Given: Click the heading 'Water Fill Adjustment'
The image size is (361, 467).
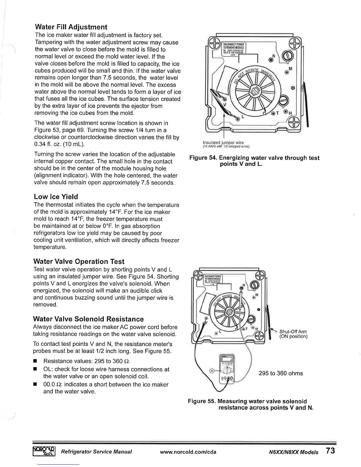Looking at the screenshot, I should point(70,27).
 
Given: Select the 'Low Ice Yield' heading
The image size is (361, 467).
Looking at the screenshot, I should point(56,197).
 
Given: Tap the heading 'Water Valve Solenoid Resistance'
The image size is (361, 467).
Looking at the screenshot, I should point(89,319).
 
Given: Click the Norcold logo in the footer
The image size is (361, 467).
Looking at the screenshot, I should point(44,451).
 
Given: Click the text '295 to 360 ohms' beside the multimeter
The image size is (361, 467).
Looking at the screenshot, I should point(280,374).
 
